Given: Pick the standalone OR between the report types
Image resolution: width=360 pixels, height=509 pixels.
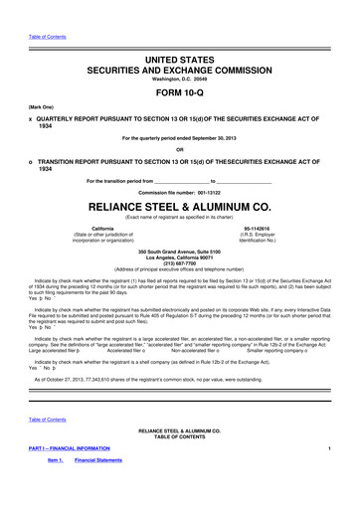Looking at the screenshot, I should coord(180,151).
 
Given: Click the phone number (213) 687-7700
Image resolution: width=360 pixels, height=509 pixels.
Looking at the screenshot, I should coord(180,277).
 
